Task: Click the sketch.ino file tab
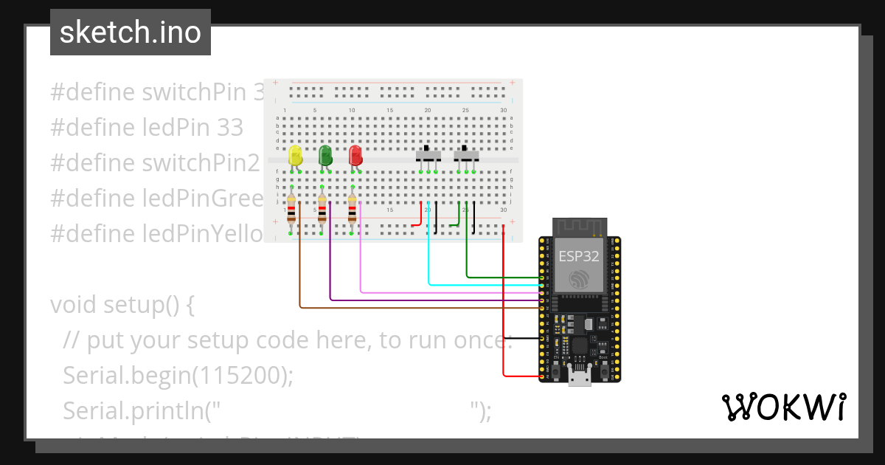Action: (131, 32)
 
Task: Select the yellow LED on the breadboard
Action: (295, 156)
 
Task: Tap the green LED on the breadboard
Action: (325, 156)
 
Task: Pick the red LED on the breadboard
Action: (355, 156)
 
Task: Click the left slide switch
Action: (428, 156)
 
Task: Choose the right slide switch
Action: (465, 156)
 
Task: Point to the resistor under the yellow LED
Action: (292, 210)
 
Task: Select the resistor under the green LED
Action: (322, 210)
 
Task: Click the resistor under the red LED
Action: (352, 210)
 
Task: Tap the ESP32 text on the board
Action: (579, 256)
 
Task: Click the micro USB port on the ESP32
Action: (580, 377)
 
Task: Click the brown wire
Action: (413, 307)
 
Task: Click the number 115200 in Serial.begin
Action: (239, 376)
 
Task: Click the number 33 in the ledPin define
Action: (230, 128)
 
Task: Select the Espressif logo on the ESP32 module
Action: (579, 280)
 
